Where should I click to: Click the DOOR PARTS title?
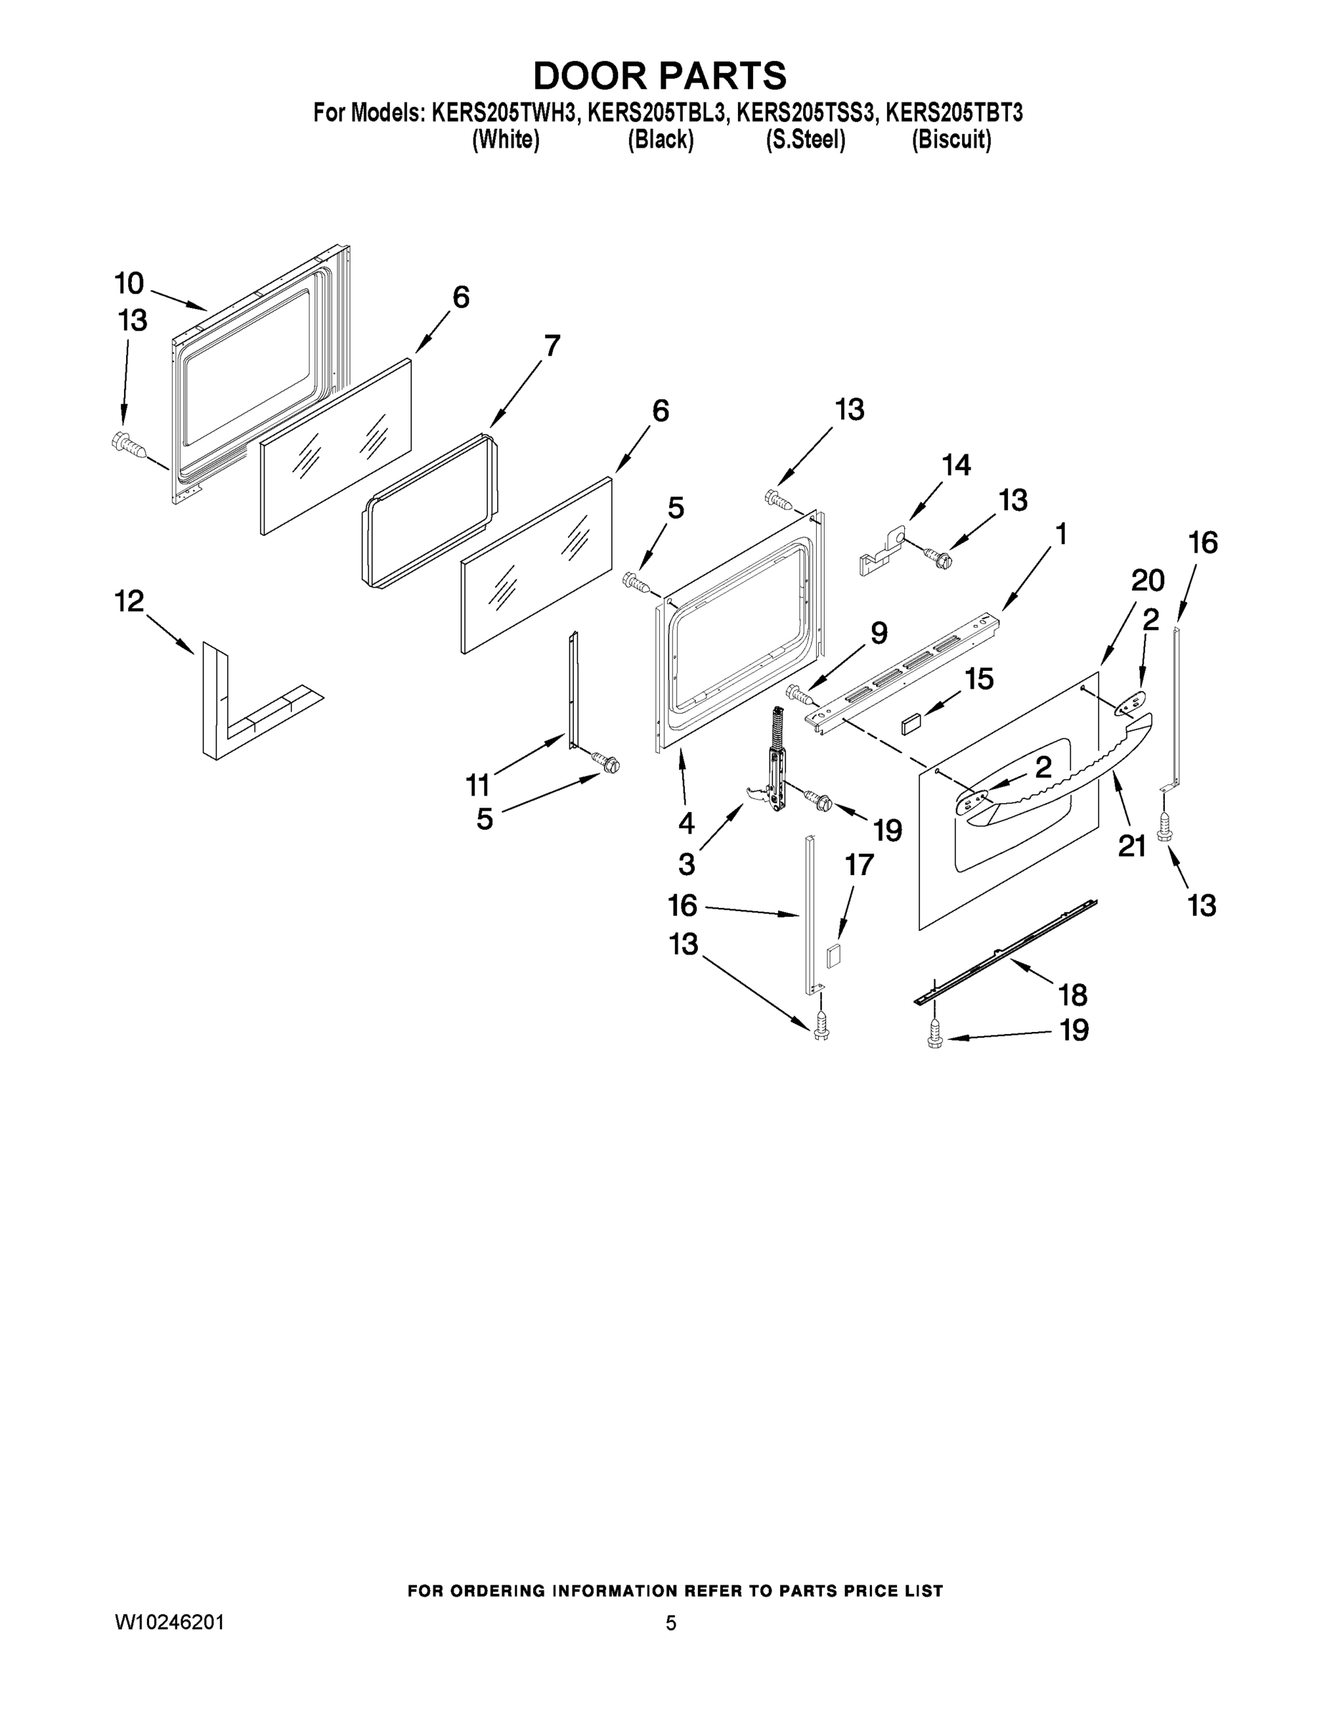coord(660,75)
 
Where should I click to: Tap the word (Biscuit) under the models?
coord(951,140)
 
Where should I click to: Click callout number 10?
coord(129,283)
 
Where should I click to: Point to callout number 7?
coord(552,345)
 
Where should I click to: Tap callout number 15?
coord(979,678)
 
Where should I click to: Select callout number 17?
coord(859,865)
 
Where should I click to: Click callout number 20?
coord(1147,580)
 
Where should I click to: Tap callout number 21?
coord(1131,846)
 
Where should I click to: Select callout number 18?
coord(1073,995)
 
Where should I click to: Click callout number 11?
coord(478,785)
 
